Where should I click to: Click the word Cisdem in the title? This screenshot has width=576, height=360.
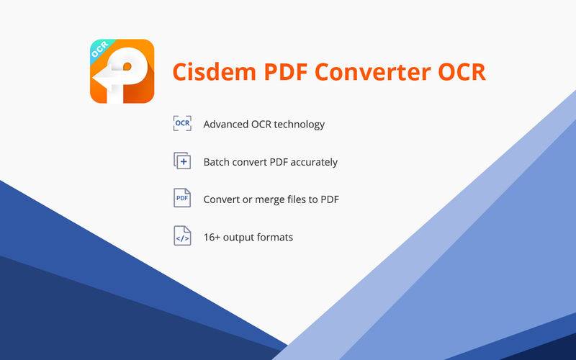[x=214, y=71]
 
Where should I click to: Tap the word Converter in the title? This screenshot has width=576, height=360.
[x=372, y=71]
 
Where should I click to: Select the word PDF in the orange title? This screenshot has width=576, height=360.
[x=285, y=71]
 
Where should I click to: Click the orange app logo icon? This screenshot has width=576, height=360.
[x=122, y=71]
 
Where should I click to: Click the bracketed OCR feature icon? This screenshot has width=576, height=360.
[x=182, y=123]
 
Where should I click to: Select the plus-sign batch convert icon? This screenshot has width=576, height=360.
[x=182, y=161]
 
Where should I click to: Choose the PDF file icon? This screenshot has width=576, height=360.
[x=182, y=198]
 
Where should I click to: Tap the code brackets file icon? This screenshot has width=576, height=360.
[x=182, y=236]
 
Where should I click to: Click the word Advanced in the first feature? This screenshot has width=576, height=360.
[x=226, y=124]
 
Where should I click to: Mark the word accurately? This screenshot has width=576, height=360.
[x=314, y=163]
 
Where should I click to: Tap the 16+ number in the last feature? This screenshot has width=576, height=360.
[x=212, y=238]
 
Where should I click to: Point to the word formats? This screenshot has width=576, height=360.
[x=275, y=238]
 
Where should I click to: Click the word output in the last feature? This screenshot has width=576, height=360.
[x=238, y=238]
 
